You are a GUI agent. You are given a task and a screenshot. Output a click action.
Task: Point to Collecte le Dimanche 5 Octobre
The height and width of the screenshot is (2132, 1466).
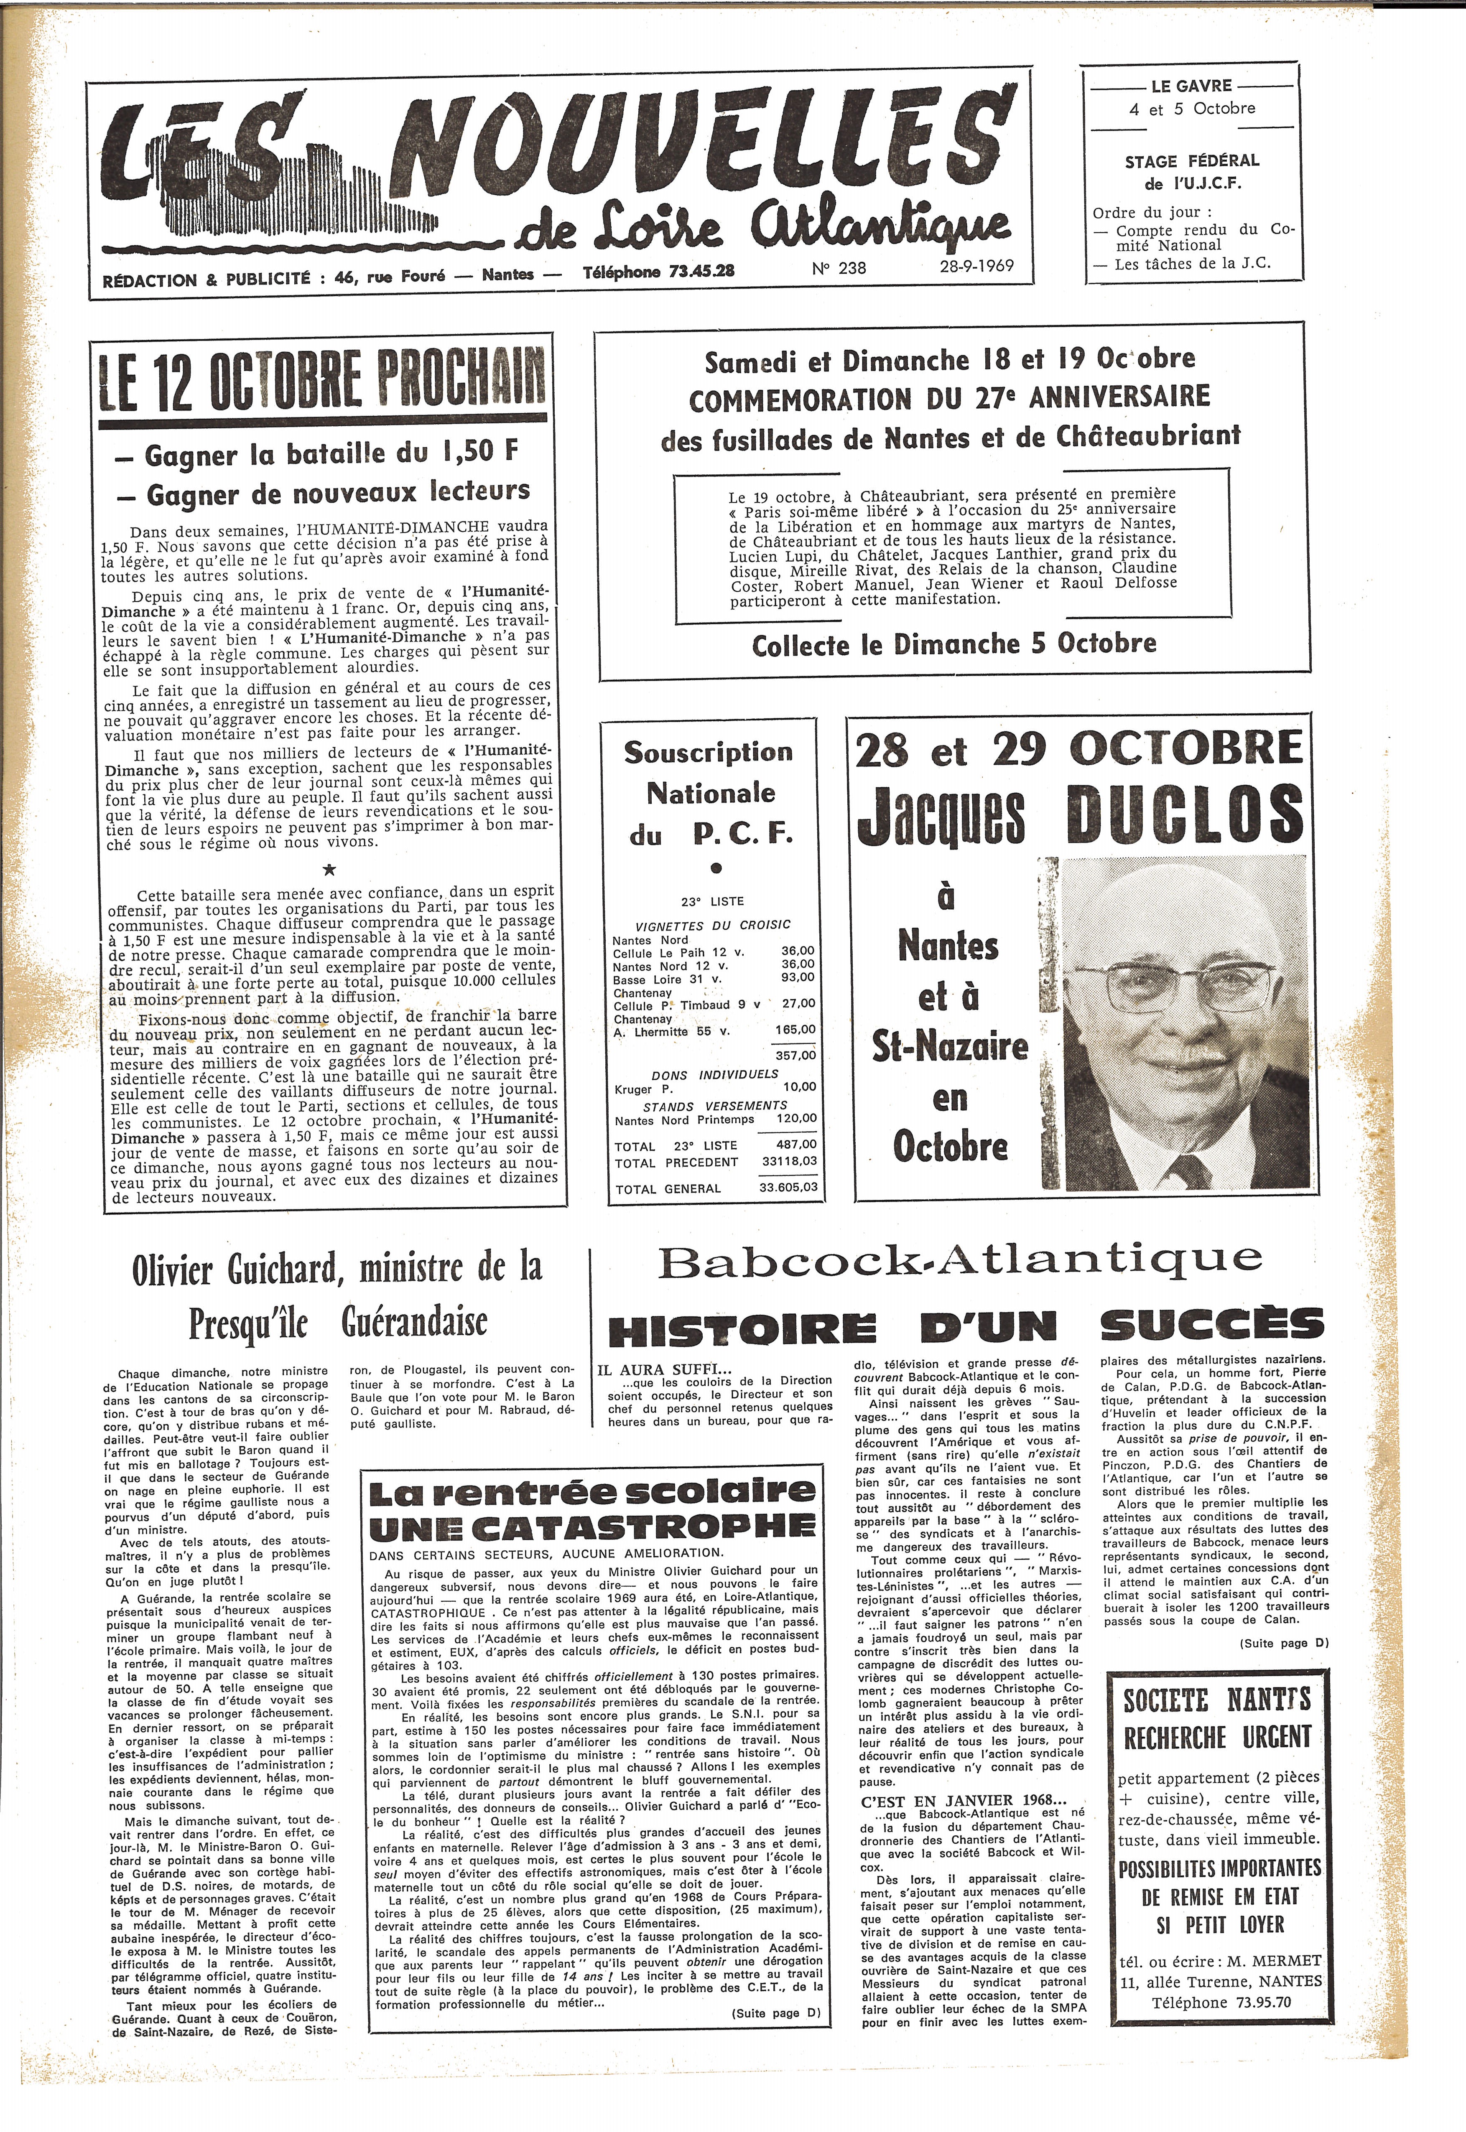tap(954, 644)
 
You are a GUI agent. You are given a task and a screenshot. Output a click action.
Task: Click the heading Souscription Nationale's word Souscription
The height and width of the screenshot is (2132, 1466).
tap(707, 752)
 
